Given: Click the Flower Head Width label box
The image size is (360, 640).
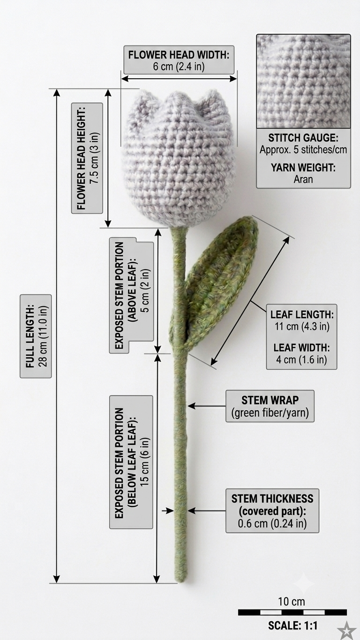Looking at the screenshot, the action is click(x=179, y=60).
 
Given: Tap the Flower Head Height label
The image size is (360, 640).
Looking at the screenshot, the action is click(x=87, y=158).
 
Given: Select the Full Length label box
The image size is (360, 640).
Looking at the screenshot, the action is click(x=36, y=336).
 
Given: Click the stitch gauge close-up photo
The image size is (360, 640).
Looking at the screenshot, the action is click(x=303, y=81).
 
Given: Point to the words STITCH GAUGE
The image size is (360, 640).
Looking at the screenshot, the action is click(x=303, y=138).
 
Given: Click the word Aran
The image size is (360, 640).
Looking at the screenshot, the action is click(x=303, y=180).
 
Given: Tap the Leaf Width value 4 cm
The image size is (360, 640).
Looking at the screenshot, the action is click(x=286, y=360).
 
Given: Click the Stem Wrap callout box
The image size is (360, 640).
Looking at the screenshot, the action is click(x=270, y=407).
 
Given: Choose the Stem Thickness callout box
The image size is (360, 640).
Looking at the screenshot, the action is click(x=272, y=511).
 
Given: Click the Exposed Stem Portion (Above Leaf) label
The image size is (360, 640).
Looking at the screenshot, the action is click(x=131, y=295).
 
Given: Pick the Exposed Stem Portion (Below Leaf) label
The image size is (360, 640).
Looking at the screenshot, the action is click(x=131, y=462).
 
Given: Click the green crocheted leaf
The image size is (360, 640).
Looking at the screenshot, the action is click(x=217, y=283).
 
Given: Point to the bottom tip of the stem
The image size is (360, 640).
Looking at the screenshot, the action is click(x=181, y=582).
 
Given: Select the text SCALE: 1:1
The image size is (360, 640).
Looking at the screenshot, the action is click(x=292, y=626).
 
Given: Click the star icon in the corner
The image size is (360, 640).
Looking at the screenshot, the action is click(x=346, y=630).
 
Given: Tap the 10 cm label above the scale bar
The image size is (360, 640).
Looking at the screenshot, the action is click(x=292, y=602).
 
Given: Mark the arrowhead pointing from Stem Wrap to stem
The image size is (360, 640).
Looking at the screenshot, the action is click(x=191, y=406).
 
